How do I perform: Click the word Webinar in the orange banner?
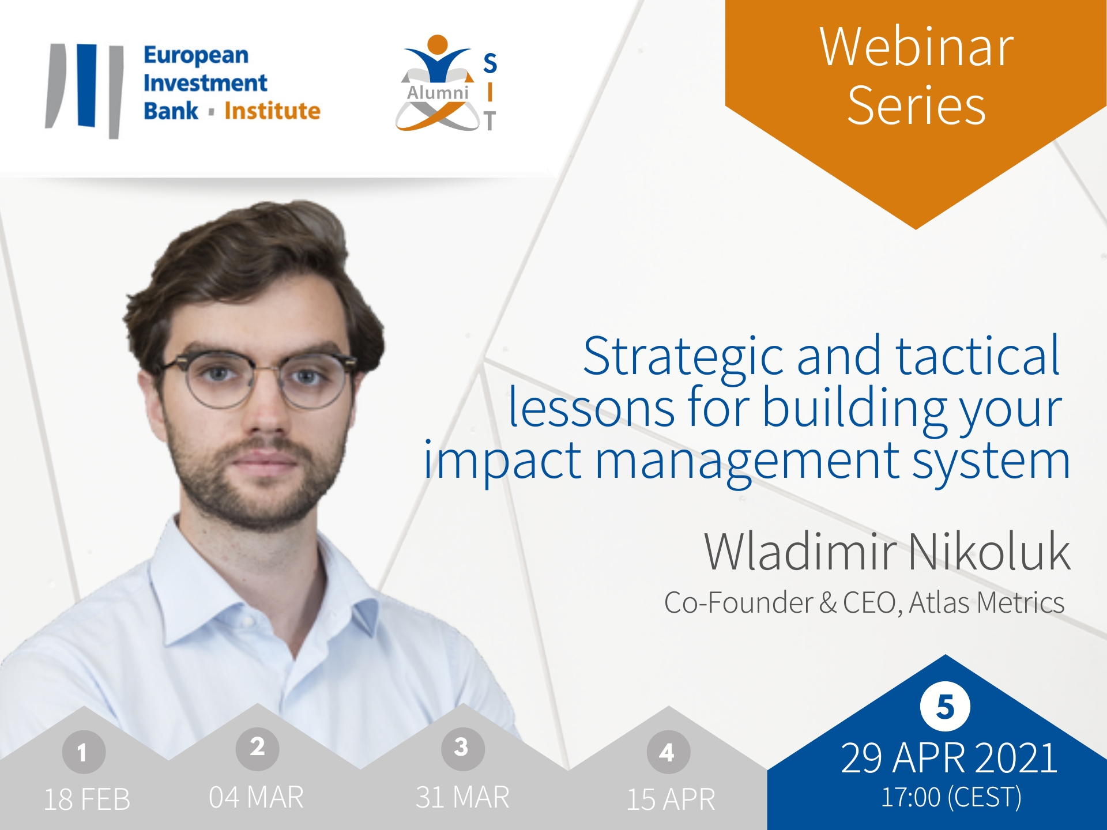click(916, 47)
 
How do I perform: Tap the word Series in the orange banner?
click(916, 105)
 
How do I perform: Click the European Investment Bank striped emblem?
click(85, 90)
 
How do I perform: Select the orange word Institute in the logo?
click(272, 111)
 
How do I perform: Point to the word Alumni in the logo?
click(438, 92)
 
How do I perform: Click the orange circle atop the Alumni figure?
click(438, 44)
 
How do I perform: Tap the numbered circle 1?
click(84, 752)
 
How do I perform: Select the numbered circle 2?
click(257, 748)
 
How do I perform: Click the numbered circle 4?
click(668, 752)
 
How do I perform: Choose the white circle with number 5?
click(945, 706)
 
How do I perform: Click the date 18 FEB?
click(87, 799)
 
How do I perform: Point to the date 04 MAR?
click(256, 797)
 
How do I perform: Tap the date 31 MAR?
click(462, 797)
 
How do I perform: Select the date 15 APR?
click(671, 799)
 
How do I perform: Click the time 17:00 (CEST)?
click(951, 798)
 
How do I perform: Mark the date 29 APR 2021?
click(949, 758)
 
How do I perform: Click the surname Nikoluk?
click(989, 552)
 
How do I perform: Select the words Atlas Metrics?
click(986, 603)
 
